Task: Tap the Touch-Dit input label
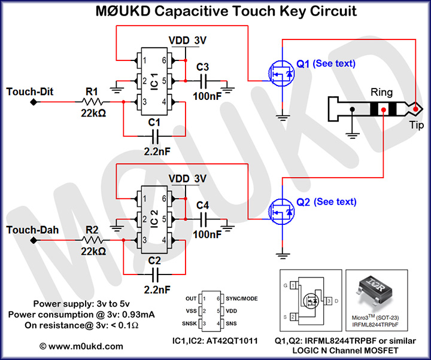point(30,91)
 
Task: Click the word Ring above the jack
point(382,93)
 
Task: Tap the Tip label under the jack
point(416,124)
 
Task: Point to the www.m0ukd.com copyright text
point(81,346)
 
